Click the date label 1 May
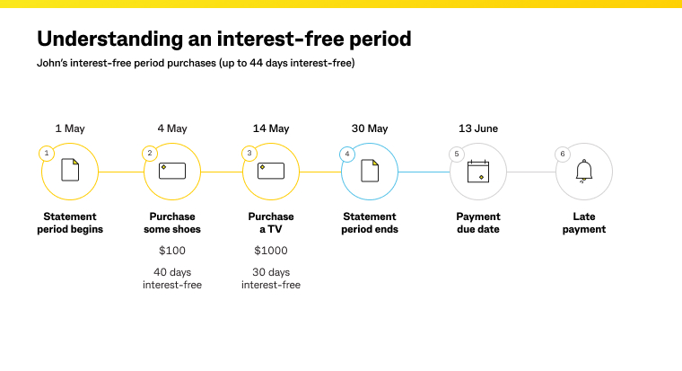tap(70, 128)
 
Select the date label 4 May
tap(172, 128)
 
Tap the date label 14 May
tap(271, 128)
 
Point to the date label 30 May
tap(370, 128)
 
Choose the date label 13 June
tap(478, 128)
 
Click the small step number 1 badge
tap(47, 154)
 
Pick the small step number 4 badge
tap(347, 154)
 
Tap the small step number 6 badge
tap(563, 154)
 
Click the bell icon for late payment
tap(584, 172)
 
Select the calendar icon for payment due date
tap(478, 172)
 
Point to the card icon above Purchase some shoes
tap(172, 171)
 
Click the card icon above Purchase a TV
tap(271, 171)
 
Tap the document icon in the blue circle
tap(370, 171)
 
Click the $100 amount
tap(172, 251)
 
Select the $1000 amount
tap(271, 251)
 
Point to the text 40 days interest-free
tap(172, 278)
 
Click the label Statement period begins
tap(70, 223)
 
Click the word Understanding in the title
tap(101, 40)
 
